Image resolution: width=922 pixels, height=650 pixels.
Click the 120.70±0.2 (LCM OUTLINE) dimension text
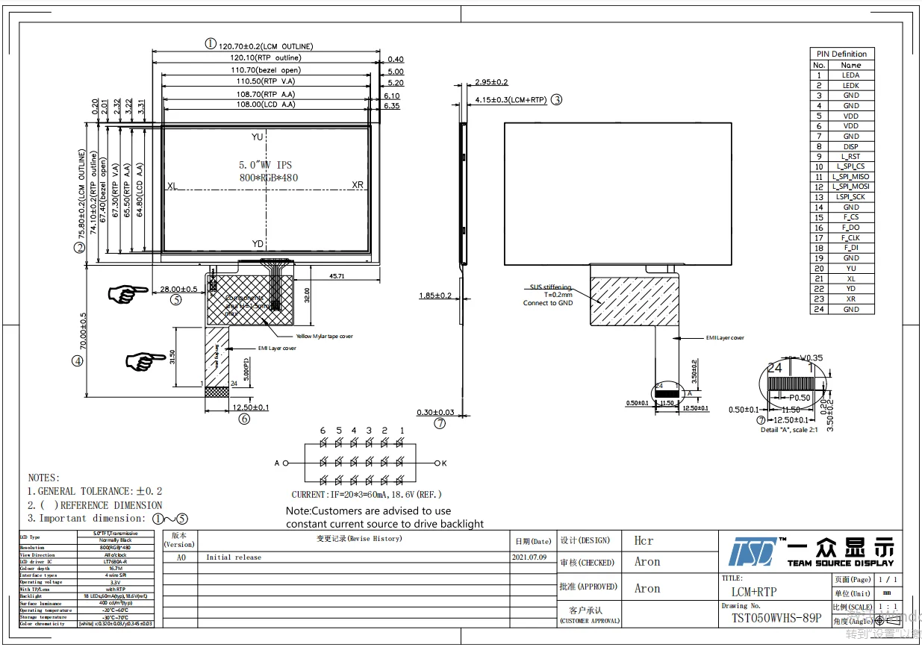tap(265, 46)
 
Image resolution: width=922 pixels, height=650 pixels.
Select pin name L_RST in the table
tap(850, 157)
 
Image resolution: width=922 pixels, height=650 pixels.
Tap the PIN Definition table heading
tap(841, 54)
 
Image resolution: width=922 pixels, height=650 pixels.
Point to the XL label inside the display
tap(172, 186)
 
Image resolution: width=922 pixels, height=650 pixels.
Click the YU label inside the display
tap(257, 137)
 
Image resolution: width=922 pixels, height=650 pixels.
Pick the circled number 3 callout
tap(556, 99)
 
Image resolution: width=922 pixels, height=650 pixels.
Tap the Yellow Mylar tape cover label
tap(324, 337)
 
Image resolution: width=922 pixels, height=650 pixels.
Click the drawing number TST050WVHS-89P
tap(776, 619)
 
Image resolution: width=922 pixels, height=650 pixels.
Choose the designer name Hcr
tap(644, 540)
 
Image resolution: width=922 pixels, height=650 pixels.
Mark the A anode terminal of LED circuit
tap(276, 463)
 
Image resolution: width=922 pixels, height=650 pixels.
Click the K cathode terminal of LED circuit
tap(444, 463)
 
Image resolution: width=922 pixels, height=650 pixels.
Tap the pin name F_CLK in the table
tap(850, 238)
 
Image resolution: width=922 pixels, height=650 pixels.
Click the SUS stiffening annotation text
tap(551, 287)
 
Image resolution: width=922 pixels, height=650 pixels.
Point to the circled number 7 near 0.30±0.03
tap(440, 423)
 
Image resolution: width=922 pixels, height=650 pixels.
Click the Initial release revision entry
tap(234, 557)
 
